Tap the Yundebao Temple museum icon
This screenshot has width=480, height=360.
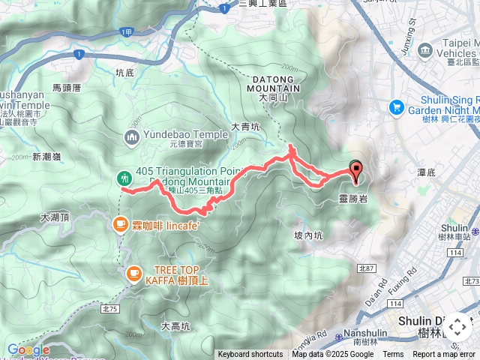click(132, 136)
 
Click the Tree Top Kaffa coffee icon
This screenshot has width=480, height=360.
click(133, 274)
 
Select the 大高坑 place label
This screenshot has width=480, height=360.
click(175, 325)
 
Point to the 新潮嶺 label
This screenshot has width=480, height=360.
click(46, 157)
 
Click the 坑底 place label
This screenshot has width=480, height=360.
click(124, 73)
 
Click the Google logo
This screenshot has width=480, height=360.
click(28, 349)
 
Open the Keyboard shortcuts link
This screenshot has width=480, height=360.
click(250, 355)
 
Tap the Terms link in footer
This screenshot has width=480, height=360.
click(393, 355)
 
